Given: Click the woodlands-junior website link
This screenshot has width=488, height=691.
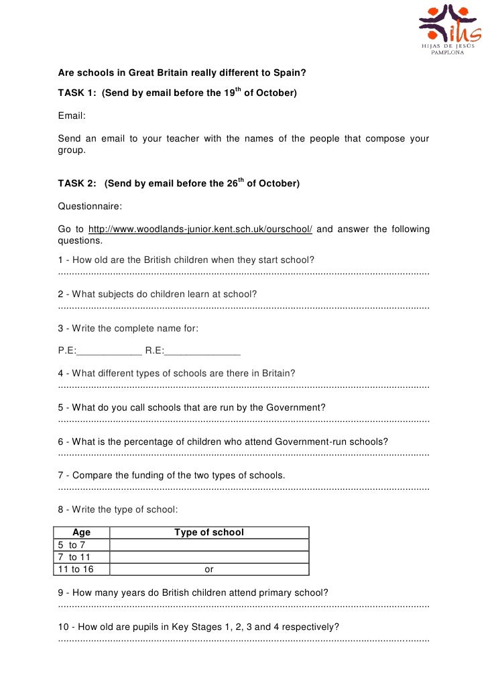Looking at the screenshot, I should coord(200,229).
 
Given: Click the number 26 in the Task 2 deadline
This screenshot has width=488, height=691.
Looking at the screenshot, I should coord(232,183).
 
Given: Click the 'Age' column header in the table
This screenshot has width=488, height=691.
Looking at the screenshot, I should coord(81,533).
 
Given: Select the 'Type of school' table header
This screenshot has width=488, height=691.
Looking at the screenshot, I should coord(209,533).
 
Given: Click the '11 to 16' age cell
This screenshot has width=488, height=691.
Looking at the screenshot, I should coord(74,570).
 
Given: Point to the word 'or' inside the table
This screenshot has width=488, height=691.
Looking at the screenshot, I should coord(209,570).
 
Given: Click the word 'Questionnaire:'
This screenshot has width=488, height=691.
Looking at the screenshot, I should coord(90,207).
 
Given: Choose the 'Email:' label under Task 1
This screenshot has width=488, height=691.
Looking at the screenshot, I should coord(72,115).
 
